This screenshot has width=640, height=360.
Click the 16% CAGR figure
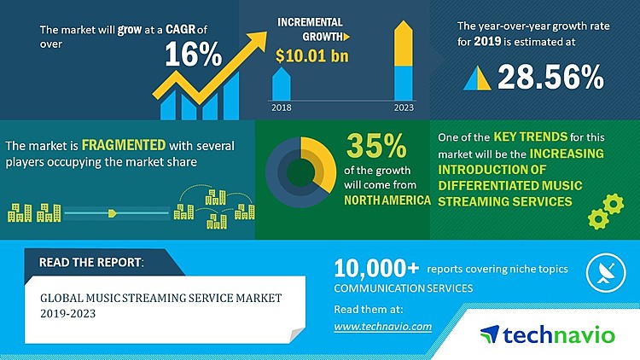point(193,57)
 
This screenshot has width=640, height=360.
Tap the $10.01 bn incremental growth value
point(313,57)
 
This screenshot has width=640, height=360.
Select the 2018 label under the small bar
point(282,108)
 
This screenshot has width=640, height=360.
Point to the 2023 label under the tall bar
point(403,108)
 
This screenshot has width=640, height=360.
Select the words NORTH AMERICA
point(386,200)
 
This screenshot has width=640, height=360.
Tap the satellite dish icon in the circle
point(603,273)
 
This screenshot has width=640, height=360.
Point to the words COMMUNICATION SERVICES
point(403,288)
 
